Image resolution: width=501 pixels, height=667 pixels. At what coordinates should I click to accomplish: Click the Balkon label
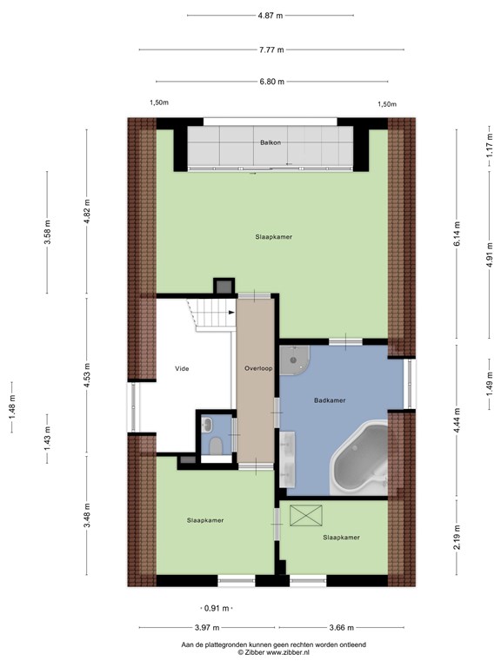click(271, 142)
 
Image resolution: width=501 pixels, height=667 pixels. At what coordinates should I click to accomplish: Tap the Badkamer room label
click(330, 400)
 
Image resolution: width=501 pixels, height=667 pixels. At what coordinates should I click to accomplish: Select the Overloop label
click(258, 368)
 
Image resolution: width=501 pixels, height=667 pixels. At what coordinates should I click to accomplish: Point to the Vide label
click(182, 368)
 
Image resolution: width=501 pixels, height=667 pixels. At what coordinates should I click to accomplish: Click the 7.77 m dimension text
click(271, 50)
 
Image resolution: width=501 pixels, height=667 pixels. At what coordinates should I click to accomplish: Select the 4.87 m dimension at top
click(271, 16)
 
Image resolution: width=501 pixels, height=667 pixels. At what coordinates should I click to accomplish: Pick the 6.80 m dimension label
click(271, 82)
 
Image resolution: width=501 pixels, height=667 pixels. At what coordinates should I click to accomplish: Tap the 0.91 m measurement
click(217, 608)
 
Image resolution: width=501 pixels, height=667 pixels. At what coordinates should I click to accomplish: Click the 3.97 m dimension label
click(207, 627)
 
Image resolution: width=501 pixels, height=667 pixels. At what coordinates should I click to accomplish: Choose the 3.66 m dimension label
click(342, 627)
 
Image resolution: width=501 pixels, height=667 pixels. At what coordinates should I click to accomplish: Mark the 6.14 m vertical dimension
click(458, 234)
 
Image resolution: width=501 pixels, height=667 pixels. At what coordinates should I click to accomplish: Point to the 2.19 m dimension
click(458, 537)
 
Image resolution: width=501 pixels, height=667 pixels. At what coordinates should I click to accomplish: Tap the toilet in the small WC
click(216, 446)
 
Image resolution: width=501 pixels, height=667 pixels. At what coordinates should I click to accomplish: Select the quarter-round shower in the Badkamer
click(294, 360)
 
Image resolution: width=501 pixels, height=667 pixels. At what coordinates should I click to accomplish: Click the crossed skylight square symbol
click(306, 516)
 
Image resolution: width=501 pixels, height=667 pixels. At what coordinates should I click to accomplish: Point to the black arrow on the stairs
click(231, 313)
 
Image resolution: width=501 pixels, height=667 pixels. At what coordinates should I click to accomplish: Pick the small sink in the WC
click(208, 424)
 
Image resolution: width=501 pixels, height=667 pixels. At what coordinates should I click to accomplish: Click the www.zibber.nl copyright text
click(273, 652)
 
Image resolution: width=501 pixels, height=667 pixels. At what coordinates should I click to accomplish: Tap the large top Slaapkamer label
click(274, 237)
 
